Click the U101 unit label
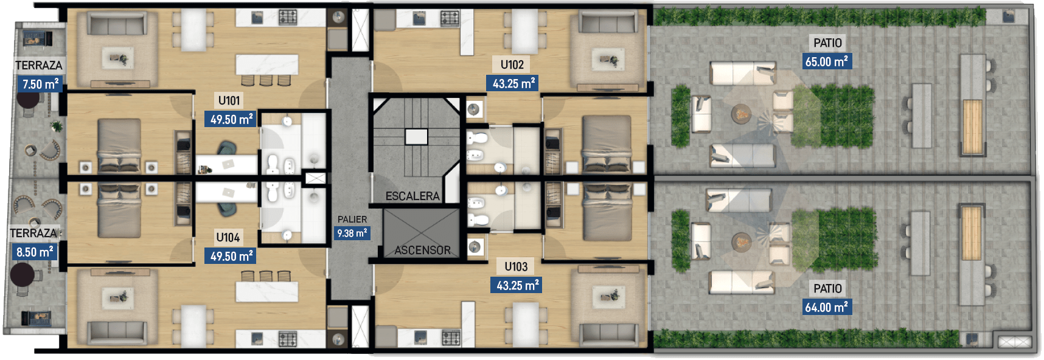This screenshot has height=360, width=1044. point(229,100)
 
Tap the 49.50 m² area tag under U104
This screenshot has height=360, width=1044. point(231,256)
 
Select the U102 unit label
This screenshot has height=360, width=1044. point(512,64)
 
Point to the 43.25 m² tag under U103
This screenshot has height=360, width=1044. point(517,285)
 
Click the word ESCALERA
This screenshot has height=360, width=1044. point(412,196)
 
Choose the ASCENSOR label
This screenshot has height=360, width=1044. point(423,250)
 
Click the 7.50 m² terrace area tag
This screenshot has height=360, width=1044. point(40,84)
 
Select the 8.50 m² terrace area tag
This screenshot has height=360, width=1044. point(35,251)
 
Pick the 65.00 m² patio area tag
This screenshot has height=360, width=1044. point(827,61)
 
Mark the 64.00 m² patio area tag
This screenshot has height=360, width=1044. point(827,307)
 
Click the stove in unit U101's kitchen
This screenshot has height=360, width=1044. point(288,17)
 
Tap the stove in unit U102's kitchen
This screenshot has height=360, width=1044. point(450,18)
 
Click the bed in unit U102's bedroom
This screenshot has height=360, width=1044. point(607,144)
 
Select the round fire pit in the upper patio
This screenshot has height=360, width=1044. point(741,113)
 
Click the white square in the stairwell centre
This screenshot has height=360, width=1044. point(416,137)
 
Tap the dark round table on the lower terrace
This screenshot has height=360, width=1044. point(23,275)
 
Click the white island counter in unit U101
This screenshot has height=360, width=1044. point(267,64)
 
